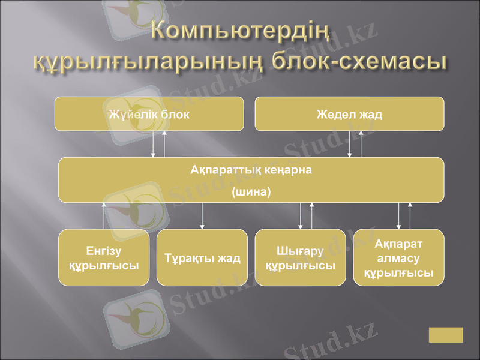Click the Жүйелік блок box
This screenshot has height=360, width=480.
pyautogui.click(x=149, y=114)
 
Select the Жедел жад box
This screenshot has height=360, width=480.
pyautogui.click(x=349, y=114)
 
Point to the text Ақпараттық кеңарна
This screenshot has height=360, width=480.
pyautogui.click(x=251, y=170)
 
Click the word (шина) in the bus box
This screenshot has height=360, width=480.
pyautogui.click(x=251, y=193)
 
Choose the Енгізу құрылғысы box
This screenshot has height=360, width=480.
pyautogui.click(x=103, y=257)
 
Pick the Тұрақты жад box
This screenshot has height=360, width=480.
pyautogui.click(x=202, y=257)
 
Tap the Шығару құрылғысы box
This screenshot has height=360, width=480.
pyautogui.click(x=300, y=257)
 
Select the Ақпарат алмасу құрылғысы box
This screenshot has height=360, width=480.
pyautogui.click(x=398, y=257)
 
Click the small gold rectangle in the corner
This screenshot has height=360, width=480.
pyautogui.click(x=446, y=335)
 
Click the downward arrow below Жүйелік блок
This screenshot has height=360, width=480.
pyautogui.click(x=153, y=144)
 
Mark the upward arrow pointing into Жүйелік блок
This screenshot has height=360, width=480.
pyautogui.click(x=164, y=144)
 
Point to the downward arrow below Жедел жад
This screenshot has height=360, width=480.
pyautogui.click(x=350, y=144)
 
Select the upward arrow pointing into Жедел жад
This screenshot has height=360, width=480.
pyautogui.click(x=361, y=144)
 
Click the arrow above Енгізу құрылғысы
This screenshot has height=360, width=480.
pyautogui.click(x=104, y=216)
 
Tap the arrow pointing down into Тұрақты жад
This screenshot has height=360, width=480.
pyautogui.click(x=202, y=216)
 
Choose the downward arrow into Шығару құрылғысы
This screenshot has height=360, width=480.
pyautogui.click(x=301, y=216)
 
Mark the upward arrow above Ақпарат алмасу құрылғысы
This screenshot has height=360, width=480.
pyautogui.click(x=410, y=216)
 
